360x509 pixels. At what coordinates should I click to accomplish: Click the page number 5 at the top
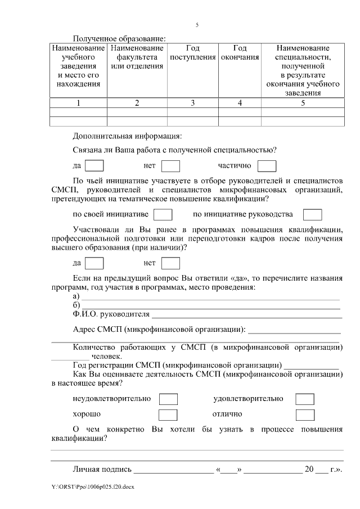coord(197,25)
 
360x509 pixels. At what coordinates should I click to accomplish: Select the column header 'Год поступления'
coord(192,53)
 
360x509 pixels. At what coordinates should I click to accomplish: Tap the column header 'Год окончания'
coord(240,53)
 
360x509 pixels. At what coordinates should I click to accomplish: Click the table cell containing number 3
coord(192,102)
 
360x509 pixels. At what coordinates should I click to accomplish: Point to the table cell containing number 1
coord(79,102)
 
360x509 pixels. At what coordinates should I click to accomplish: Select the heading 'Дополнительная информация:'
coord(127,136)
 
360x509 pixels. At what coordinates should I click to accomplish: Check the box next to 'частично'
coord(267,166)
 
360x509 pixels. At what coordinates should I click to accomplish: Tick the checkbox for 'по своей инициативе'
coord(163,215)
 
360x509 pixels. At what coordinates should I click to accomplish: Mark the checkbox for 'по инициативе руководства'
coord(312,215)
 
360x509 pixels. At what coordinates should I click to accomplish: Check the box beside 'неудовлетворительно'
coord(168,399)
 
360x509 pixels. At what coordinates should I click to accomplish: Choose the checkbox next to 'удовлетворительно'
coord(305,399)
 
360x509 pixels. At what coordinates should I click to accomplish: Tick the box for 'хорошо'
coord(168,415)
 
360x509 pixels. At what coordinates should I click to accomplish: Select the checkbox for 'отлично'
coord(305,415)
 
